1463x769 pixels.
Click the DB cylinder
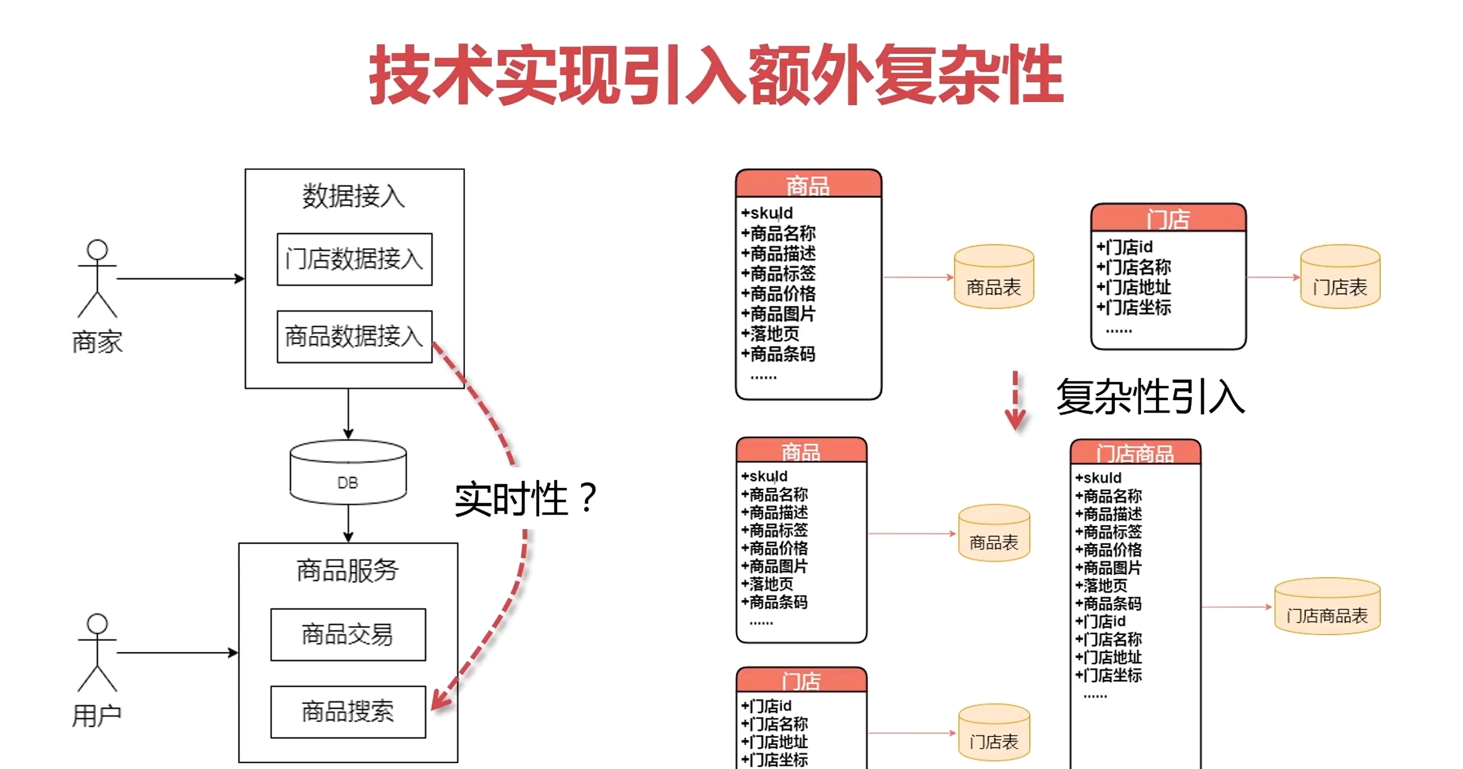348,472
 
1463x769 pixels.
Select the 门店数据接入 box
355,259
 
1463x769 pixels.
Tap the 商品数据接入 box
355,336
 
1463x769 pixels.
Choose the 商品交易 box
348,634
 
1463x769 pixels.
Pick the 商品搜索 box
348,711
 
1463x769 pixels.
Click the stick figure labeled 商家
97,278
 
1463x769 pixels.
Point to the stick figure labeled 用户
97,653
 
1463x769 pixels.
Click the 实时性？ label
525,499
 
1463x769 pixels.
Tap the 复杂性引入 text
1150,397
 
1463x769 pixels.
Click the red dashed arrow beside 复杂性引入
1015,401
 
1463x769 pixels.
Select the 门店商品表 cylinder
1327,607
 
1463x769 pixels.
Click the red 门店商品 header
1135,453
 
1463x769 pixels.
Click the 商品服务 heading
348,570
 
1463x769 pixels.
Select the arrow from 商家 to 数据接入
180,279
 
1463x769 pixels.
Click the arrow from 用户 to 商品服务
177,653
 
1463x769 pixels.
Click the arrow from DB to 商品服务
348,523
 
